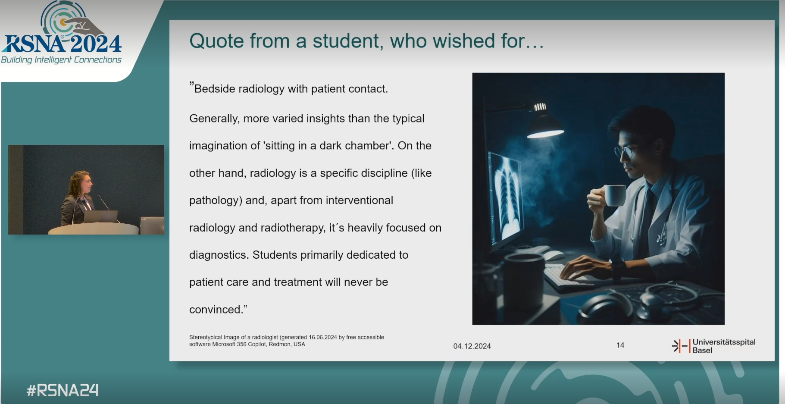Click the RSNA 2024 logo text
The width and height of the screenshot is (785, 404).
pyautogui.click(x=63, y=44)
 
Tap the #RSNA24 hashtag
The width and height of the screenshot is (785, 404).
pyautogui.click(x=63, y=391)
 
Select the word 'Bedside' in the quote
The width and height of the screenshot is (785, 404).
pyautogui.click(x=214, y=89)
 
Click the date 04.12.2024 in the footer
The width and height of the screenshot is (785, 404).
pyautogui.click(x=472, y=346)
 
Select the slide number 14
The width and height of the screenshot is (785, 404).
pyautogui.click(x=620, y=345)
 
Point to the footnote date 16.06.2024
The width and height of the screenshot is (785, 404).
pyautogui.click(x=322, y=338)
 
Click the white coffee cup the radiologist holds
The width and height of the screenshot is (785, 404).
pyautogui.click(x=614, y=195)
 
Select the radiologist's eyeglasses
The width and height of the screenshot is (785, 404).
pyautogui.click(x=625, y=151)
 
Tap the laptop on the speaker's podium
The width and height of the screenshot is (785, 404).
pyautogui.click(x=100, y=216)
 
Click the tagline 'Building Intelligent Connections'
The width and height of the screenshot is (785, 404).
pyautogui.click(x=61, y=60)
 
